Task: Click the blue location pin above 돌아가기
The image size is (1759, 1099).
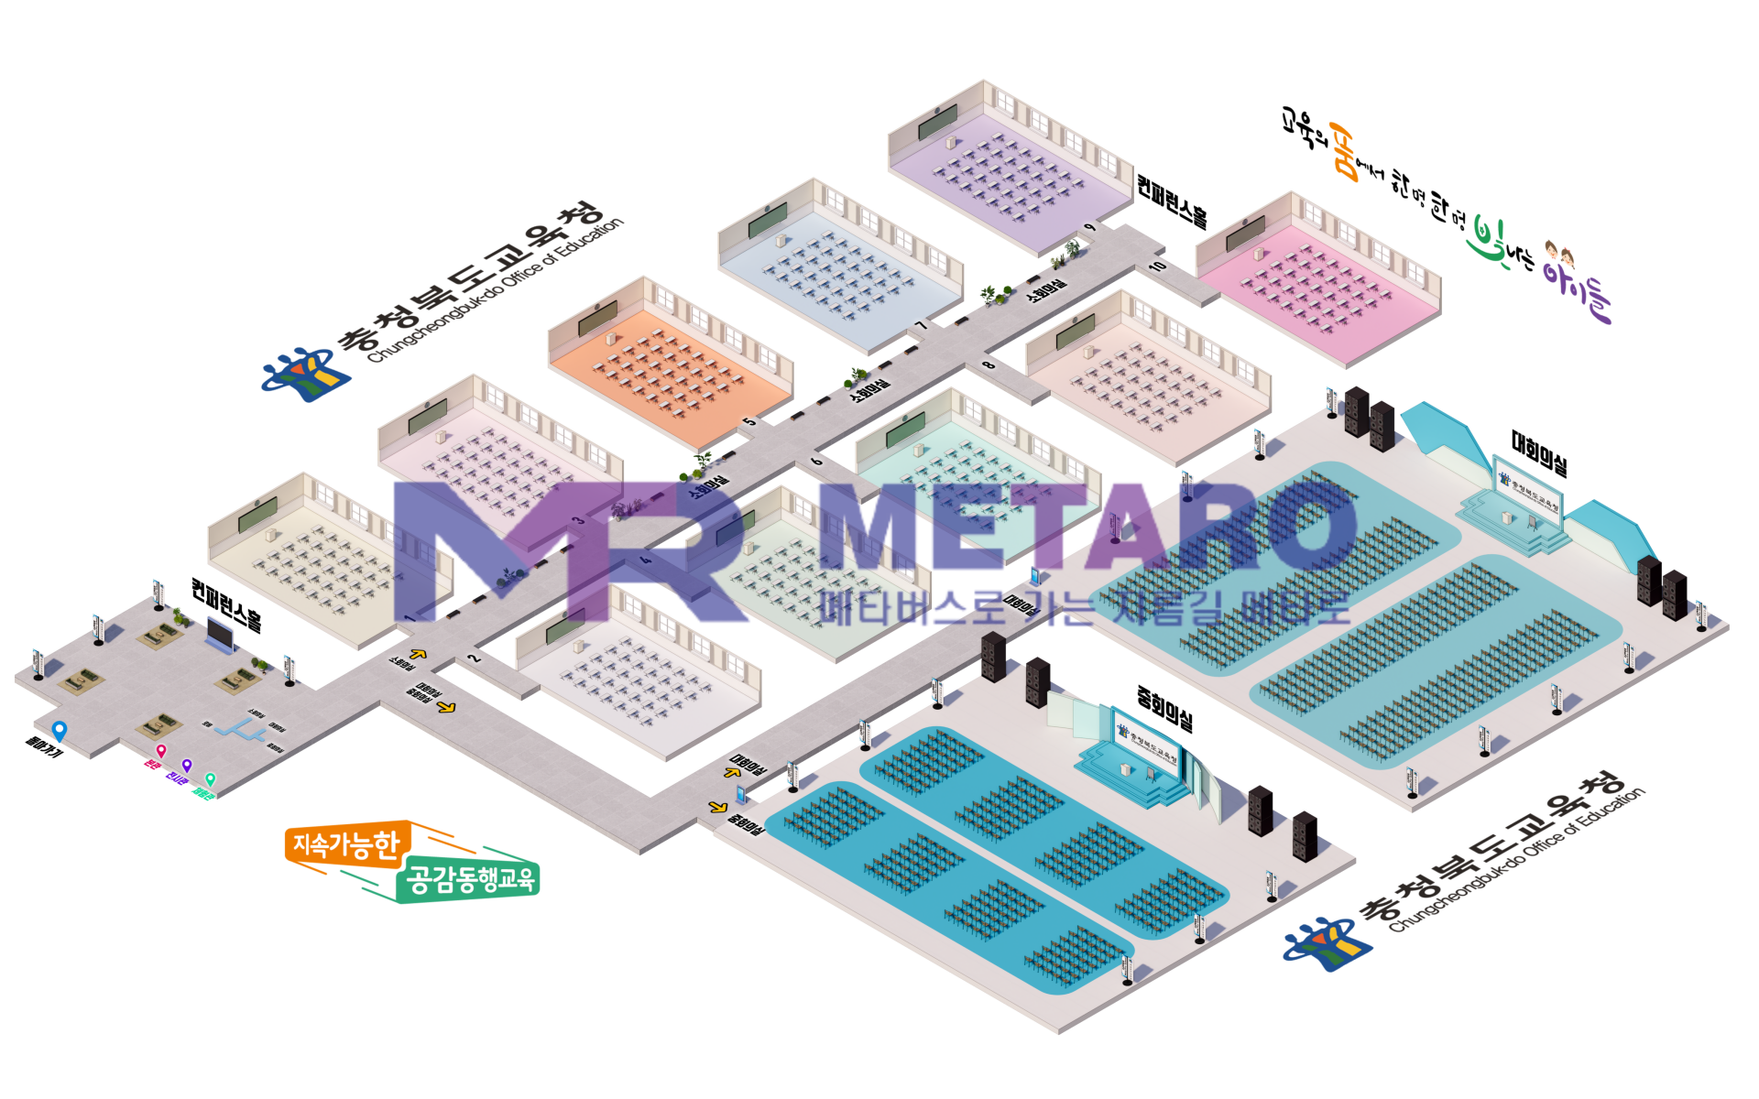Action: coord(60,730)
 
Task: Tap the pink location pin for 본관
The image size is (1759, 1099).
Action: coord(161,751)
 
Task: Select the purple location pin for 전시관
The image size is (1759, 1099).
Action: coord(187,765)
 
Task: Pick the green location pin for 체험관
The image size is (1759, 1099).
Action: coord(210,779)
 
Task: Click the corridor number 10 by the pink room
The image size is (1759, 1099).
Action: coord(1158,266)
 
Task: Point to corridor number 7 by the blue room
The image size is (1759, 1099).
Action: coord(922,324)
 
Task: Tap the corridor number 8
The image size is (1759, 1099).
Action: coord(988,365)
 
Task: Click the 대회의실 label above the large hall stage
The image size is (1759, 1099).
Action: coord(1539,453)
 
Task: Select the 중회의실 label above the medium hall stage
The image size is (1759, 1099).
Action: coord(1164,708)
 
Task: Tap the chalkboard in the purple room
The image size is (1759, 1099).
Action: coord(937,122)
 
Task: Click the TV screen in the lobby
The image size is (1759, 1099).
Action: coord(221,632)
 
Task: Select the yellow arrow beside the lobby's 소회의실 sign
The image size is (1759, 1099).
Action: coord(419,654)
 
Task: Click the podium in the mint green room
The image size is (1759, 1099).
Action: coord(918,451)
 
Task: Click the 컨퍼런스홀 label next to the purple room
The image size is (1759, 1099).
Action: coord(1172,201)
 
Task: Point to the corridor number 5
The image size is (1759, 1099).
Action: coord(749,421)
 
